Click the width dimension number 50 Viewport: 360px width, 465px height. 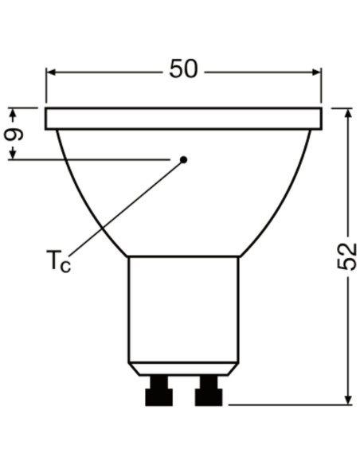coord(183,68)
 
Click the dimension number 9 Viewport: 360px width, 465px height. coord(14,134)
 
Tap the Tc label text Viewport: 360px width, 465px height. coord(58,261)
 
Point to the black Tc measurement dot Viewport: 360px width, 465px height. coord(184,160)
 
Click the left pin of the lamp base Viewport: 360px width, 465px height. coord(159,391)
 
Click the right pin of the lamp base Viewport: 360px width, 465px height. coord(209,391)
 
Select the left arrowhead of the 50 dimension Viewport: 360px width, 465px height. coord(51,72)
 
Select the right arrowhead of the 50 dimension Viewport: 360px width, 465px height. coord(316,72)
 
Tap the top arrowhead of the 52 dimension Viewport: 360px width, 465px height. coord(349,114)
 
